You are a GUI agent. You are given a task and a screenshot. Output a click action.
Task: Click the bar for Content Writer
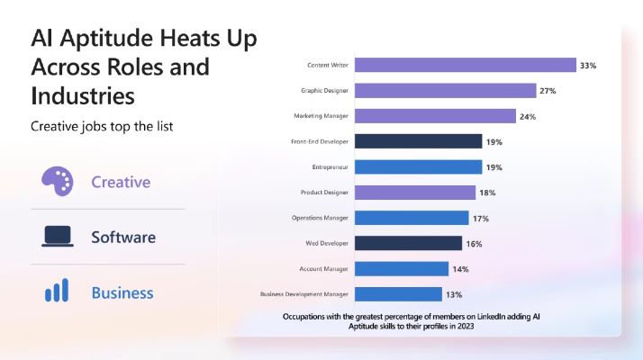465,65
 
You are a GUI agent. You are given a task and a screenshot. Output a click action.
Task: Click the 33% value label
588,66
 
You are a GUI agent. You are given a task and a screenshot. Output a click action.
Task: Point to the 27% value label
548,91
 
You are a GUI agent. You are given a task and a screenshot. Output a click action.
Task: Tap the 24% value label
528,116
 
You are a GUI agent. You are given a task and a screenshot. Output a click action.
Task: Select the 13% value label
454,294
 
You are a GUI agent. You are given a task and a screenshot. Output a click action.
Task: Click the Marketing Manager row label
321,116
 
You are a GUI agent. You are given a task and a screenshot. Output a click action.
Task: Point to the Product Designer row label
324,193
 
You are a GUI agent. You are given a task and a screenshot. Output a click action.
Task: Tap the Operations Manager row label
320,218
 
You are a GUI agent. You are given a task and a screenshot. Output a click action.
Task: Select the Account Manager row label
324,269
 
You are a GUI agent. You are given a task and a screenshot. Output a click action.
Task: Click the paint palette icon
58,181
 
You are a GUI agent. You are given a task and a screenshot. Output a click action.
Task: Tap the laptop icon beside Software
58,237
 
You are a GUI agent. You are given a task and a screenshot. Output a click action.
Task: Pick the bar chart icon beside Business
58,292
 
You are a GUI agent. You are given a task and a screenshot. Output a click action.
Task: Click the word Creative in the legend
121,182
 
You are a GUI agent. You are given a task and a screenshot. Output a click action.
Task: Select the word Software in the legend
123,238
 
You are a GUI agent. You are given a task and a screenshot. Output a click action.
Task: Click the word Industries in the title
83,94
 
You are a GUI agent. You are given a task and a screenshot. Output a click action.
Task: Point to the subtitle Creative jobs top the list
102,126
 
